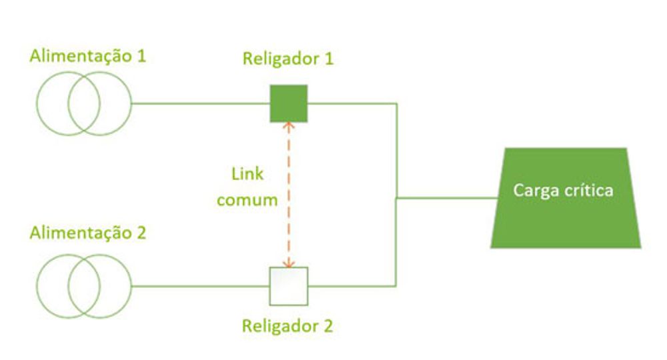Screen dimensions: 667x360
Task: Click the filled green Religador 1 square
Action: coord(288,103)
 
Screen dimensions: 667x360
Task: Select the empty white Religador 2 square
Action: coord(288,286)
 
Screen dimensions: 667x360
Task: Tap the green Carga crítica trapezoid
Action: coord(566,197)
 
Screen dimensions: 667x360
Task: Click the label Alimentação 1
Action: coord(87,56)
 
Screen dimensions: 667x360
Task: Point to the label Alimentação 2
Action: coord(87,233)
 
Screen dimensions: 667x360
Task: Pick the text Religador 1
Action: coord(288,59)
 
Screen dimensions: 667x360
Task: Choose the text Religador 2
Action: coord(287,326)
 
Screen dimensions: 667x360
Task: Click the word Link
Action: coord(247,174)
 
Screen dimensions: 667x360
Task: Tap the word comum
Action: coord(247,200)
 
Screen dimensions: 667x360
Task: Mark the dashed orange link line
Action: coord(289,195)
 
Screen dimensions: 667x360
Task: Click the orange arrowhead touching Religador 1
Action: coord(289,125)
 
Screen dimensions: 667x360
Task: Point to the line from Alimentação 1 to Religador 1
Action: coord(201,103)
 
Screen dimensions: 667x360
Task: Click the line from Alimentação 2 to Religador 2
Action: coord(201,286)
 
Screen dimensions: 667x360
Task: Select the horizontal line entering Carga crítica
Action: coord(447,197)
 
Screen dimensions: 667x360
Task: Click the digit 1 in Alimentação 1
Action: coord(141,56)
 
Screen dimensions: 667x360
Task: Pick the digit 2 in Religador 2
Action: coord(328,325)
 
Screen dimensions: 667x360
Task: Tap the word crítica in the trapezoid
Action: coord(590,190)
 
